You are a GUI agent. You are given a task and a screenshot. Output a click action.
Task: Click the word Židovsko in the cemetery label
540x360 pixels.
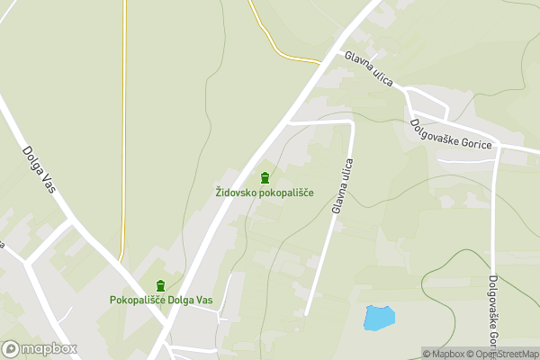[x=237, y=193]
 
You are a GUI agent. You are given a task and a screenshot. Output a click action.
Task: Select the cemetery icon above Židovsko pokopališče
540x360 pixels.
[x=265, y=177]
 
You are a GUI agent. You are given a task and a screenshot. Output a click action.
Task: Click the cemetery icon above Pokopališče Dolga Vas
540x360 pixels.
[x=161, y=285]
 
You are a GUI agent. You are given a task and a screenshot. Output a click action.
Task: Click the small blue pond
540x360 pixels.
[x=379, y=317]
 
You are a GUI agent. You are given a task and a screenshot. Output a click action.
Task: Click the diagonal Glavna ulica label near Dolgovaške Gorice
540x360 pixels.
[x=370, y=69]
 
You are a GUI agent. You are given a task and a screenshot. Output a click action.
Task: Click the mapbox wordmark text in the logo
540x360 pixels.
[x=49, y=348]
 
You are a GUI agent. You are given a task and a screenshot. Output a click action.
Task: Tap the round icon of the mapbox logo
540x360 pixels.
[x=12, y=348]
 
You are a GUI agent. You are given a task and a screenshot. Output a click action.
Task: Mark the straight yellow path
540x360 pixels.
[x=123, y=135]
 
